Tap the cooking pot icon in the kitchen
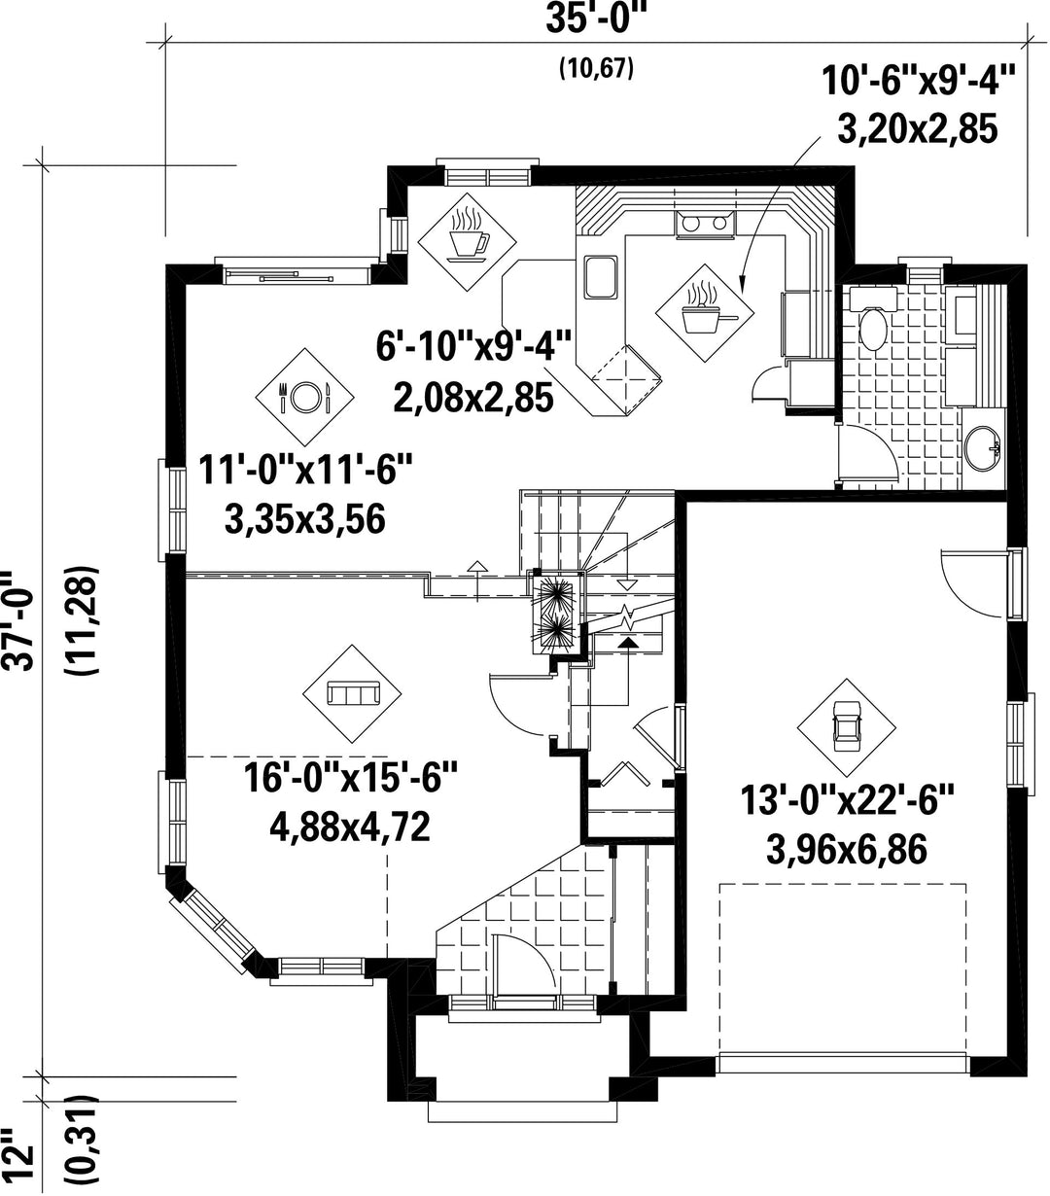705,313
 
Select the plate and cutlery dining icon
304,397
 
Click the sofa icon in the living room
352,693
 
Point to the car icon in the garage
847,728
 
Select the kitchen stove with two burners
705,224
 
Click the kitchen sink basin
601,276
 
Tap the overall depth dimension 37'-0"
17,621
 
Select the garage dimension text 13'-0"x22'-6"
847,801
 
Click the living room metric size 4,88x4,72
349,827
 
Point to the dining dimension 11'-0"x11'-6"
304,470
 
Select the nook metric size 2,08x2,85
472,398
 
